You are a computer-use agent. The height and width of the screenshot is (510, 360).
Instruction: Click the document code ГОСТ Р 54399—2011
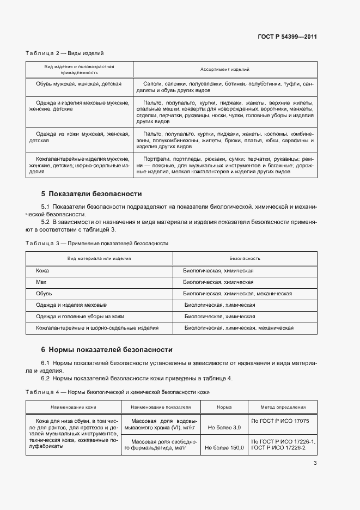click(x=287, y=37)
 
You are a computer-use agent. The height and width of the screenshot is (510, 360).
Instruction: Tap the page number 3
click(x=315, y=463)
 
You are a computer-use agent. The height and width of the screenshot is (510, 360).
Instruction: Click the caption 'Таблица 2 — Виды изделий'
click(x=64, y=53)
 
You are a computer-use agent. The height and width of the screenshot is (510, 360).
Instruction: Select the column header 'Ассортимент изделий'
click(x=225, y=69)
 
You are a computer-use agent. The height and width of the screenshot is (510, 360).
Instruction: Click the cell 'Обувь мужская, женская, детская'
click(x=79, y=84)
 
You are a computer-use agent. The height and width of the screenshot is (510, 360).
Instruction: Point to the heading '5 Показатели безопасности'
click(x=91, y=193)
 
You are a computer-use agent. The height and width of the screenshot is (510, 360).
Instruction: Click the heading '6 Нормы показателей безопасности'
click(x=107, y=349)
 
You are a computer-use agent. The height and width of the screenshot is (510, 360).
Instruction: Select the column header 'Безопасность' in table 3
click(x=245, y=258)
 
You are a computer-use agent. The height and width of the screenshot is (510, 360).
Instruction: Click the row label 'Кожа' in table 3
click(x=42, y=270)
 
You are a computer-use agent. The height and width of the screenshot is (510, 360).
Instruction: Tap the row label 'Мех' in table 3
click(x=41, y=282)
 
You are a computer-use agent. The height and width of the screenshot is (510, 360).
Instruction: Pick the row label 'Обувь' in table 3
click(x=44, y=294)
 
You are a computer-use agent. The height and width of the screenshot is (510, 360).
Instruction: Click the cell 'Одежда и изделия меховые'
click(x=71, y=305)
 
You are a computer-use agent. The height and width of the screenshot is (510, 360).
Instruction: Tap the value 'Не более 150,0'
click(x=224, y=447)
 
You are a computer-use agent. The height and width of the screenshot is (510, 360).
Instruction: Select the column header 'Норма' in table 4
click(x=224, y=407)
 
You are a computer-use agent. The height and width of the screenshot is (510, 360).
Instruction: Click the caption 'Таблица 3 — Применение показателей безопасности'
click(x=97, y=243)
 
